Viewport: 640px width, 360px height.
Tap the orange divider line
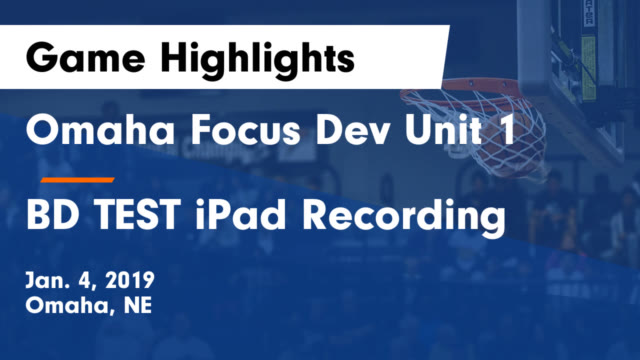coord(77,180)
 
